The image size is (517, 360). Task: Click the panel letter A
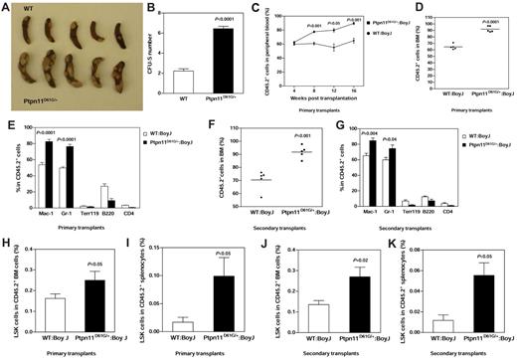6,6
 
